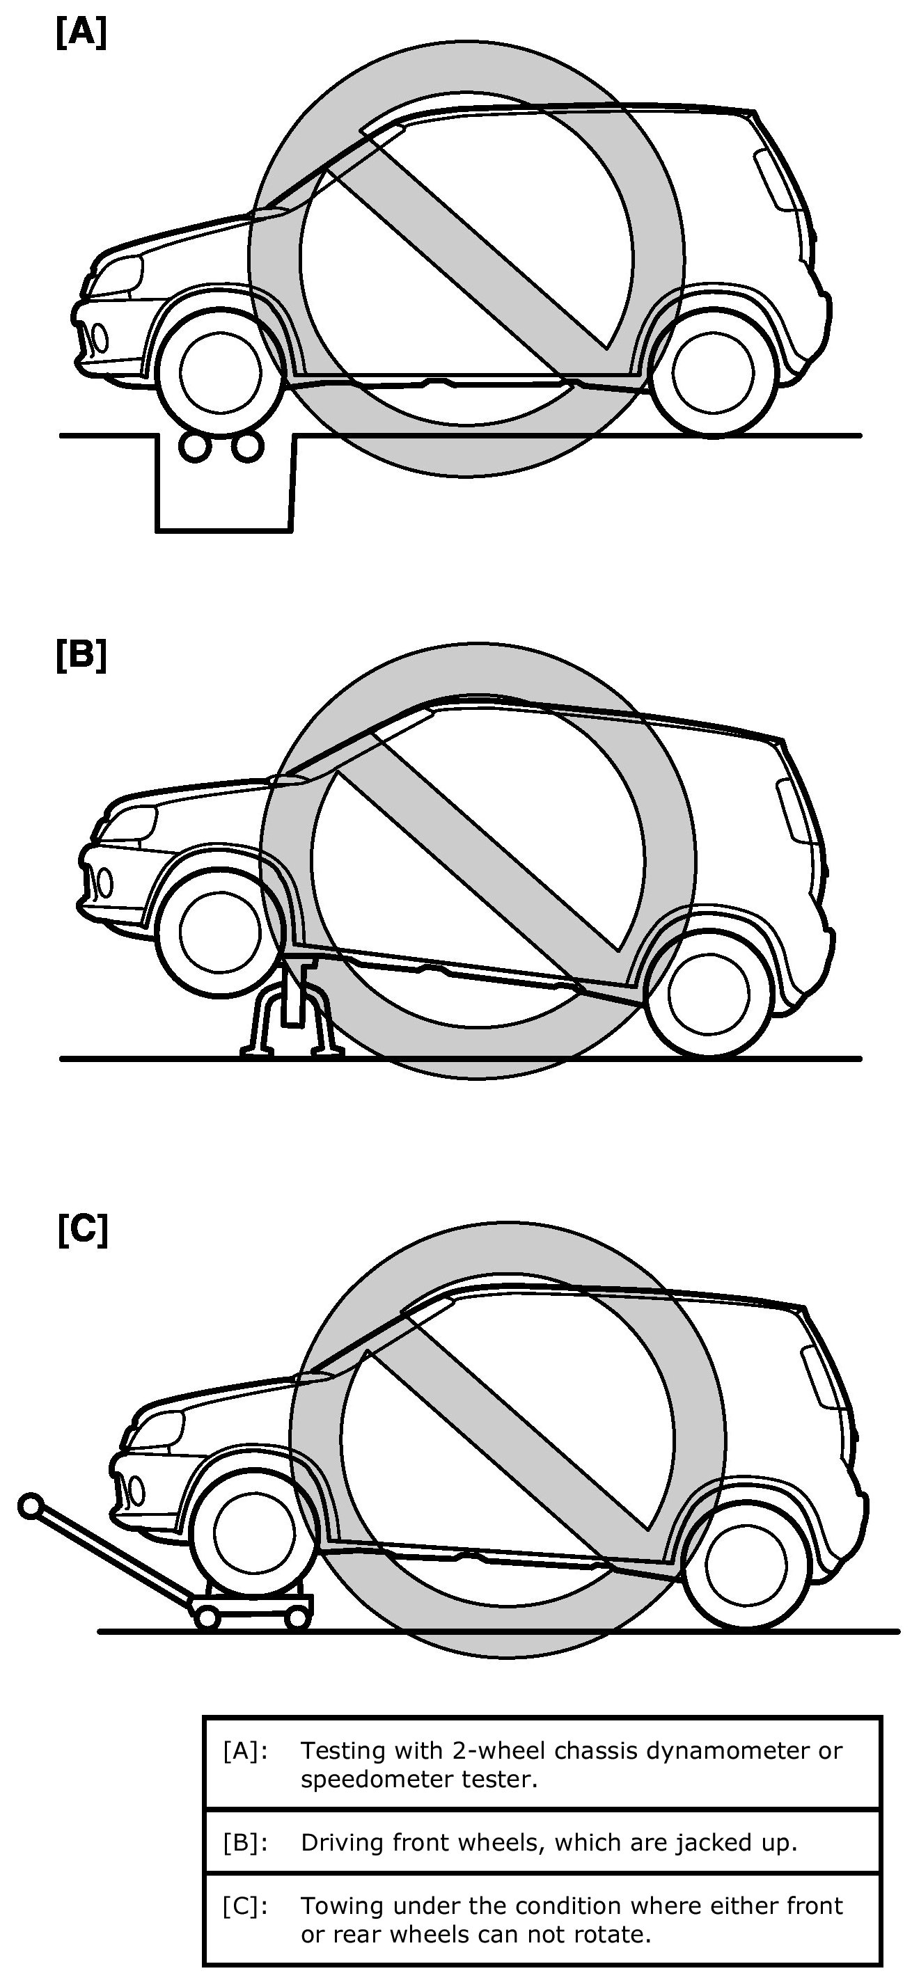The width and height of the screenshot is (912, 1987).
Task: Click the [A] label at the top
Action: point(81,34)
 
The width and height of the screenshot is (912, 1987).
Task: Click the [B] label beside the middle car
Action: point(81,656)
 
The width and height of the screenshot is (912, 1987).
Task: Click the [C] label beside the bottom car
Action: point(83,1230)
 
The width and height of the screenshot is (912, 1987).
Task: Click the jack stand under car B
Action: point(290,1014)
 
